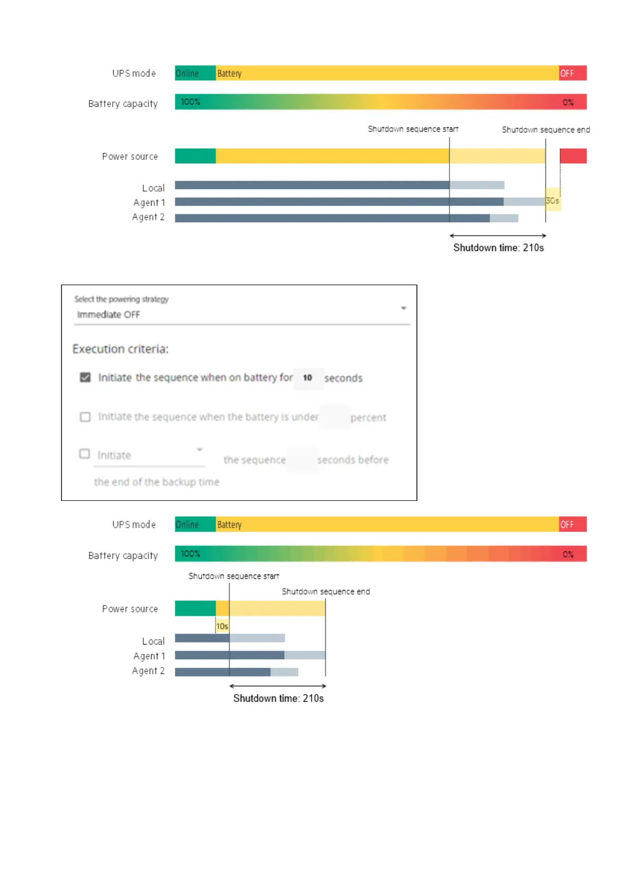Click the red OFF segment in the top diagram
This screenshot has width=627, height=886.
pyautogui.click(x=572, y=73)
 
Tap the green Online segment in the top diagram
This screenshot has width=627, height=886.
pyautogui.click(x=195, y=73)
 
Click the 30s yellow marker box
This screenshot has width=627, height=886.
pyautogui.click(x=552, y=200)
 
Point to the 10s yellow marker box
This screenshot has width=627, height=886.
pyautogui.click(x=222, y=626)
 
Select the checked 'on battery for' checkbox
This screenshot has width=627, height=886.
pyautogui.click(x=85, y=377)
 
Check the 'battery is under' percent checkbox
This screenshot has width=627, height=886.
pyautogui.click(x=85, y=417)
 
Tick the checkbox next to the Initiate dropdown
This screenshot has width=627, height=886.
pyautogui.click(x=84, y=454)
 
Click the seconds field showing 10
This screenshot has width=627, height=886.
pyautogui.click(x=308, y=378)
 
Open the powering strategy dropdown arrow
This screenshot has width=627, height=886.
pyautogui.click(x=403, y=308)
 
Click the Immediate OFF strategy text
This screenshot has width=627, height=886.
pyautogui.click(x=108, y=315)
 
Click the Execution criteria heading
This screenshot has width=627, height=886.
pyautogui.click(x=121, y=349)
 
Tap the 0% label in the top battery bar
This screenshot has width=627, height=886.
pyautogui.click(x=568, y=103)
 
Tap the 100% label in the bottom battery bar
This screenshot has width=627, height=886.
pyautogui.click(x=191, y=553)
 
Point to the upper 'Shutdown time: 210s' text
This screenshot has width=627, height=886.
pyautogui.click(x=498, y=248)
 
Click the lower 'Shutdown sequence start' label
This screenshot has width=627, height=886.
pyautogui.click(x=234, y=576)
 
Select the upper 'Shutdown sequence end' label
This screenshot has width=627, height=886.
pyautogui.click(x=545, y=129)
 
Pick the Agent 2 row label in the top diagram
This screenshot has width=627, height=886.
pyautogui.click(x=148, y=217)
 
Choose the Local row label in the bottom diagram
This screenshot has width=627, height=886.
pyautogui.click(x=153, y=641)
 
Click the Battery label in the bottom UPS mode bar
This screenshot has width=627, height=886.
pyautogui.click(x=230, y=525)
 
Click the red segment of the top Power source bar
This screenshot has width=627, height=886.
pyautogui.click(x=573, y=156)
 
